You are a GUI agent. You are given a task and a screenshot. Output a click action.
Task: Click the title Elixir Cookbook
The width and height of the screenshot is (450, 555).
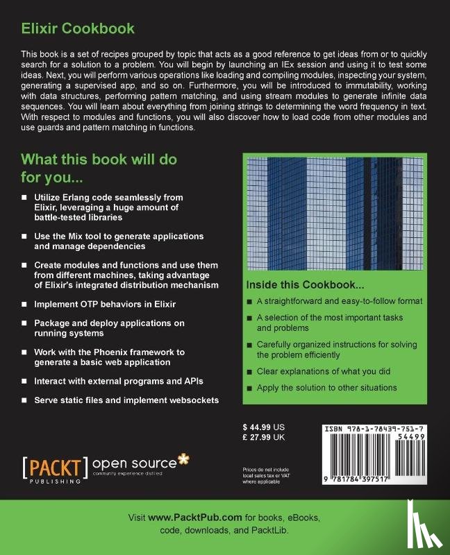78,28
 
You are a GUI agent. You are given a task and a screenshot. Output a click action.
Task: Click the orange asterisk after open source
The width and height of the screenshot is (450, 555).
183,459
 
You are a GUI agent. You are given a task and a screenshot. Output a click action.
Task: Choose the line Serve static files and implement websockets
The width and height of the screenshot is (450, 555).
126,400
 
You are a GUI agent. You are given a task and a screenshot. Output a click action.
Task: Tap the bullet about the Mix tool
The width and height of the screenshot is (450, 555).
119,241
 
